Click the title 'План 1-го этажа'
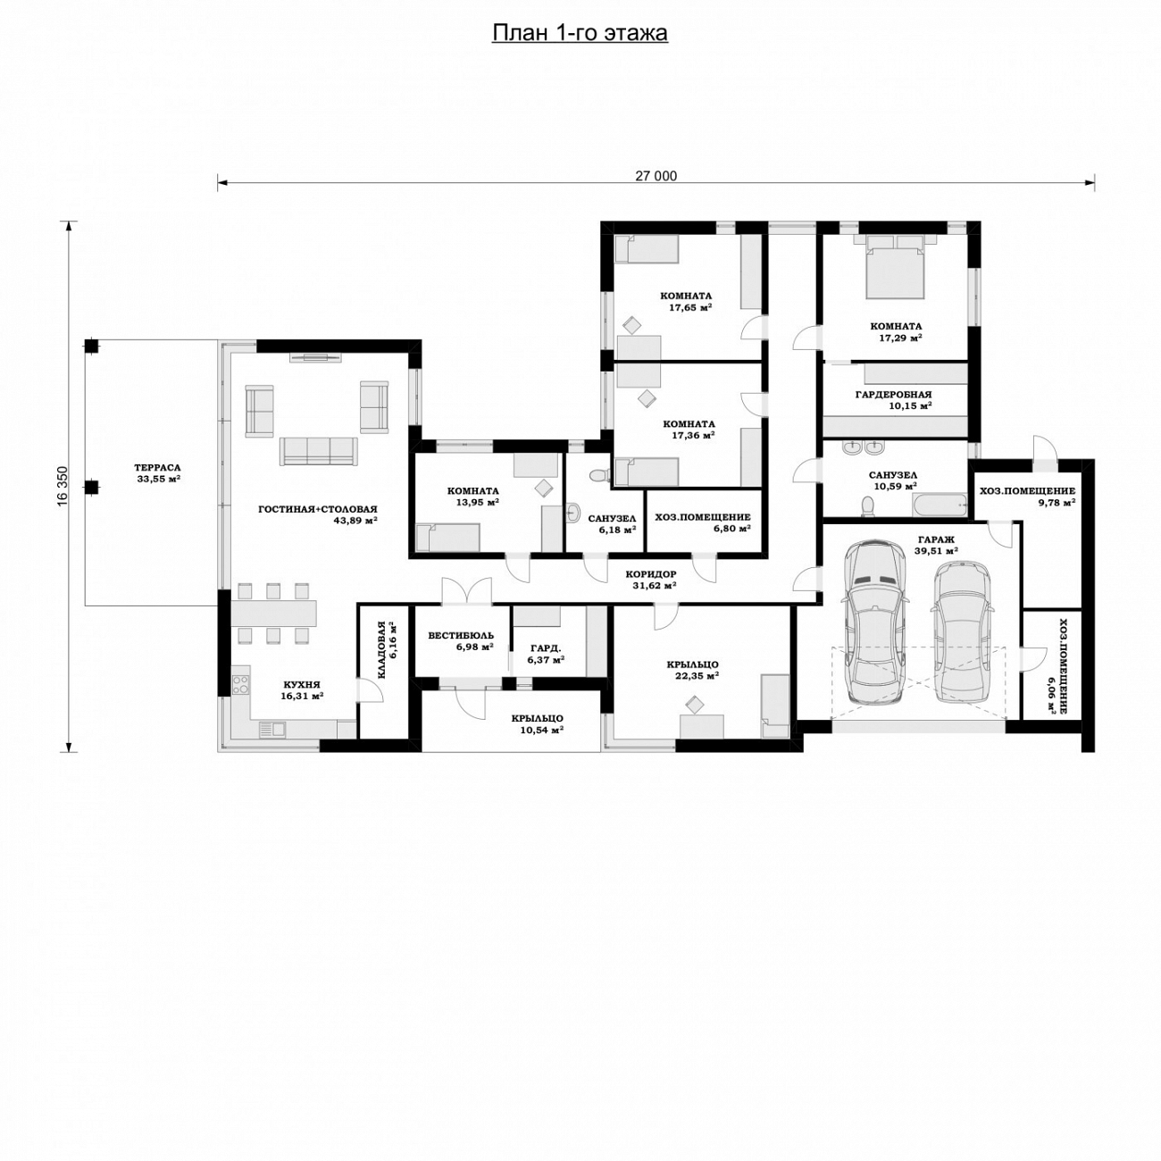tap(580, 34)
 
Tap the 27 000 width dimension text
tap(656, 176)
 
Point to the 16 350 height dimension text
tap(64, 486)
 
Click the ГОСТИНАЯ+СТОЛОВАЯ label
tap(318, 509)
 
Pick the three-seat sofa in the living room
tap(318, 451)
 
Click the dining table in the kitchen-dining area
tap(274, 612)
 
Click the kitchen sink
tap(271, 729)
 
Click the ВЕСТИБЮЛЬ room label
tap(461, 636)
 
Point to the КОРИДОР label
tap(651, 574)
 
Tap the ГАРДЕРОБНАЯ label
tap(893, 395)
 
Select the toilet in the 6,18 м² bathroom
tap(598, 475)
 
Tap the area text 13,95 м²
tap(477, 501)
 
